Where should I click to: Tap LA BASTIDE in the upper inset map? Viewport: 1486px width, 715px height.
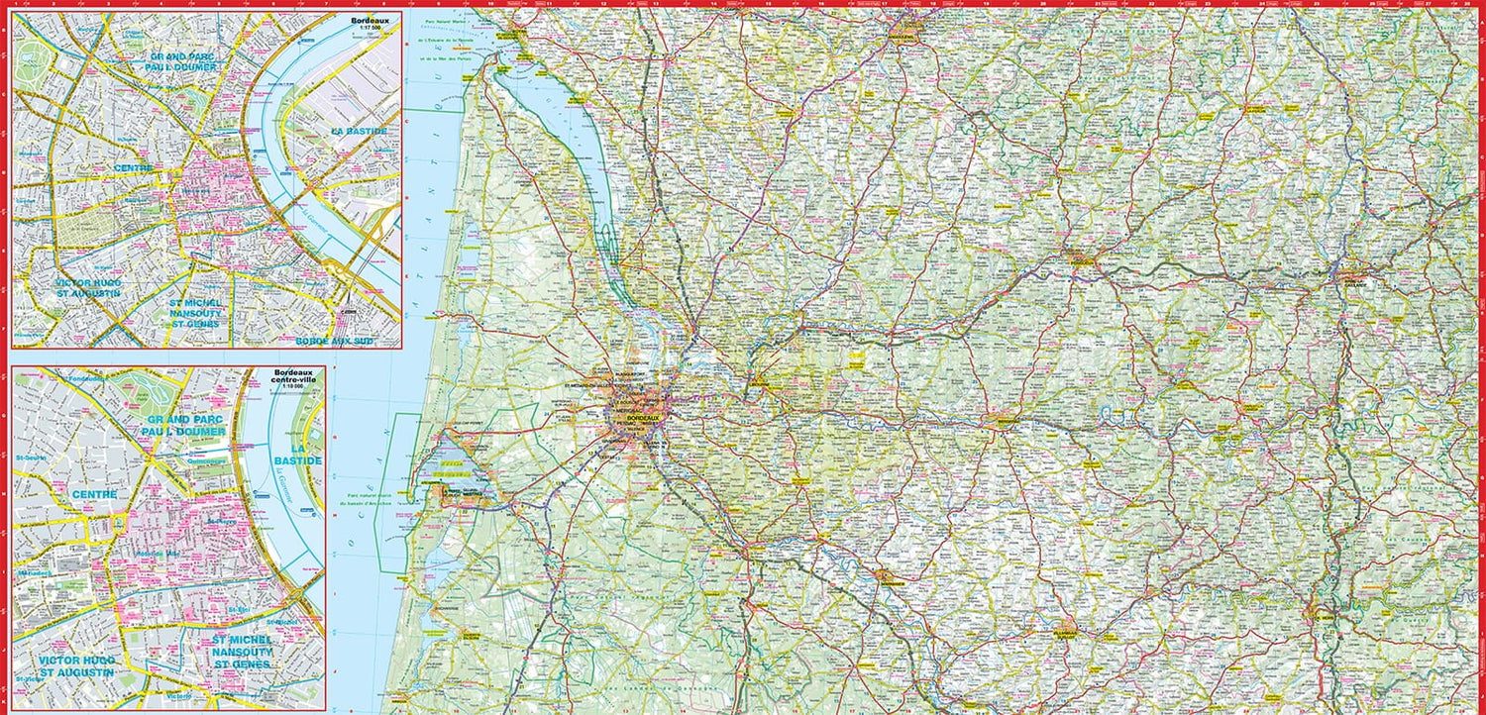pyautogui.click(x=360, y=131)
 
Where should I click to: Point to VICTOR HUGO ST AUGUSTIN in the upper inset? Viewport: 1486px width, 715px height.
pyautogui.click(x=87, y=288)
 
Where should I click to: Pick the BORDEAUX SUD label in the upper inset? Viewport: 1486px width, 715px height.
pyautogui.click(x=334, y=340)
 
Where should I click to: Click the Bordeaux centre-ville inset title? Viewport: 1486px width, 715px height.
pyautogui.click(x=297, y=379)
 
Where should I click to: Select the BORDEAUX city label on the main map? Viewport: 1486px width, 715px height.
pyautogui.click(x=648, y=420)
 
